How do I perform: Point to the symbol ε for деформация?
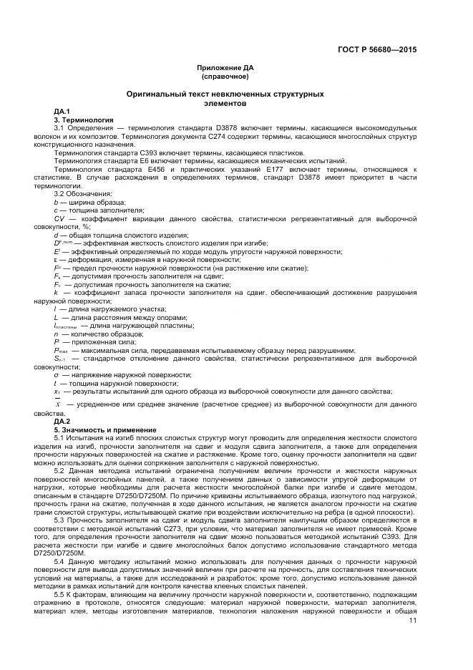[x=56, y=259]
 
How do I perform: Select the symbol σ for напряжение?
[x=57, y=374]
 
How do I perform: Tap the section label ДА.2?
[x=62, y=422]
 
